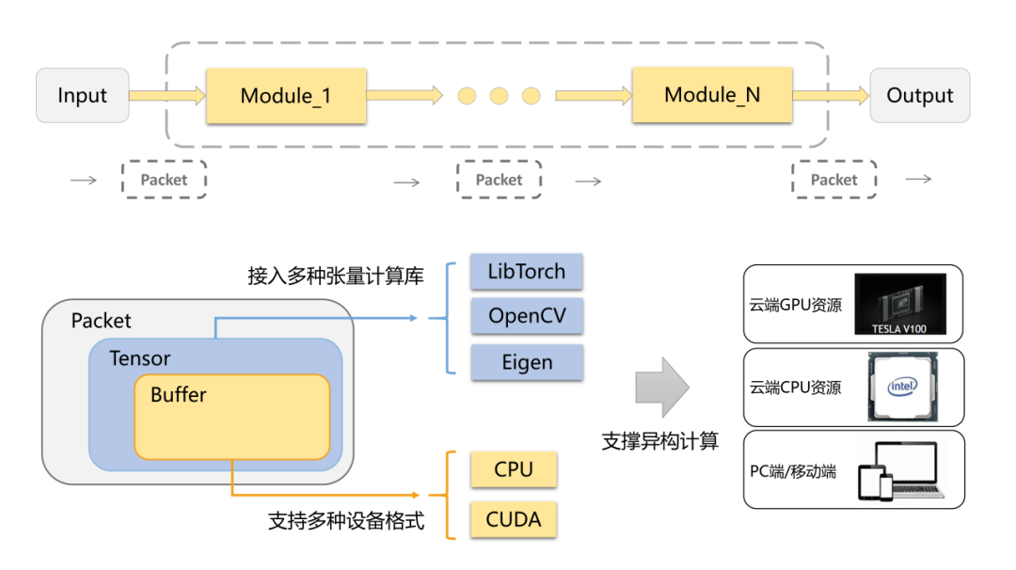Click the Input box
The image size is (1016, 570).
click(x=82, y=95)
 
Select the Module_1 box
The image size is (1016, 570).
click(x=285, y=95)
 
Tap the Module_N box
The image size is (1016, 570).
click(x=711, y=94)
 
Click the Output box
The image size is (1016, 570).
click(x=919, y=95)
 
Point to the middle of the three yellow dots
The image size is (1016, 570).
click(x=499, y=95)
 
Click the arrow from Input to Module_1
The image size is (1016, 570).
click(x=167, y=95)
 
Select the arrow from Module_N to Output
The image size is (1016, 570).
click(x=831, y=95)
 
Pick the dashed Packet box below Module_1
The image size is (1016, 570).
click(x=164, y=180)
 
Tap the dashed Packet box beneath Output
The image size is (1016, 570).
click(x=833, y=180)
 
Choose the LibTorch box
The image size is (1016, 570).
click(x=527, y=272)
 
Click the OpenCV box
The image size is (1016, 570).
click(x=527, y=316)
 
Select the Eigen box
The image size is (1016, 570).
click(x=527, y=362)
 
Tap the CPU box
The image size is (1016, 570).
click(x=514, y=469)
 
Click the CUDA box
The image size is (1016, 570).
click(x=514, y=519)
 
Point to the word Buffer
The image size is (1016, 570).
click(x=178, y=395)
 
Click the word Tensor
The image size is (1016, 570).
click(x=140, y=358)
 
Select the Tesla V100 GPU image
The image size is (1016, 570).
click(x=900, y=304)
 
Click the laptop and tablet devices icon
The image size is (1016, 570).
click(x=897, y=471)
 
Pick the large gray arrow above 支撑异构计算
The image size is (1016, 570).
click(x=662, y=388)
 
